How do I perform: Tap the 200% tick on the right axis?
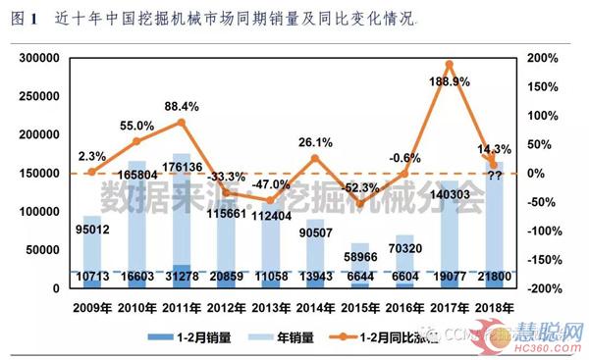click(543, 59)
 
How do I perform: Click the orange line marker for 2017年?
click(449, 65)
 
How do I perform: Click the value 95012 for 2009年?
click(93, 232)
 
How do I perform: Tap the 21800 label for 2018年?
click(494, 280)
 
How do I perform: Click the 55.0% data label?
click(137, 126)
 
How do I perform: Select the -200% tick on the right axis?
click(543, 288)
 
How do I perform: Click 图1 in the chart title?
click(25, 19)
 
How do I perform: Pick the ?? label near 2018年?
click(495, 175)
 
